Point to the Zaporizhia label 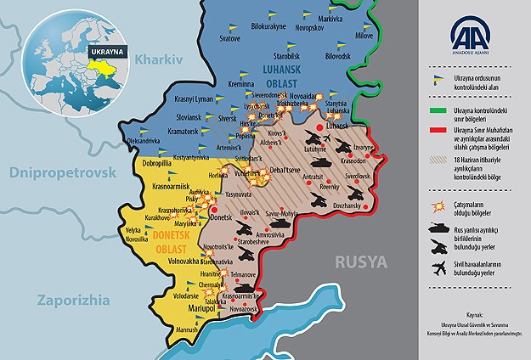point(73,298)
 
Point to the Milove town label point(364,37)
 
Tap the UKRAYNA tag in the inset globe point(102,50)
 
